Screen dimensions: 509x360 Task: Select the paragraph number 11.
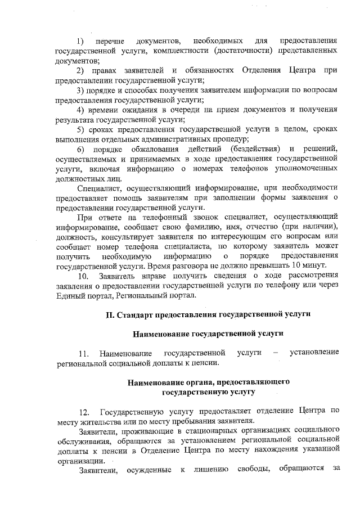84,353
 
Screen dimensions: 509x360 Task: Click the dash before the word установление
275,353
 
